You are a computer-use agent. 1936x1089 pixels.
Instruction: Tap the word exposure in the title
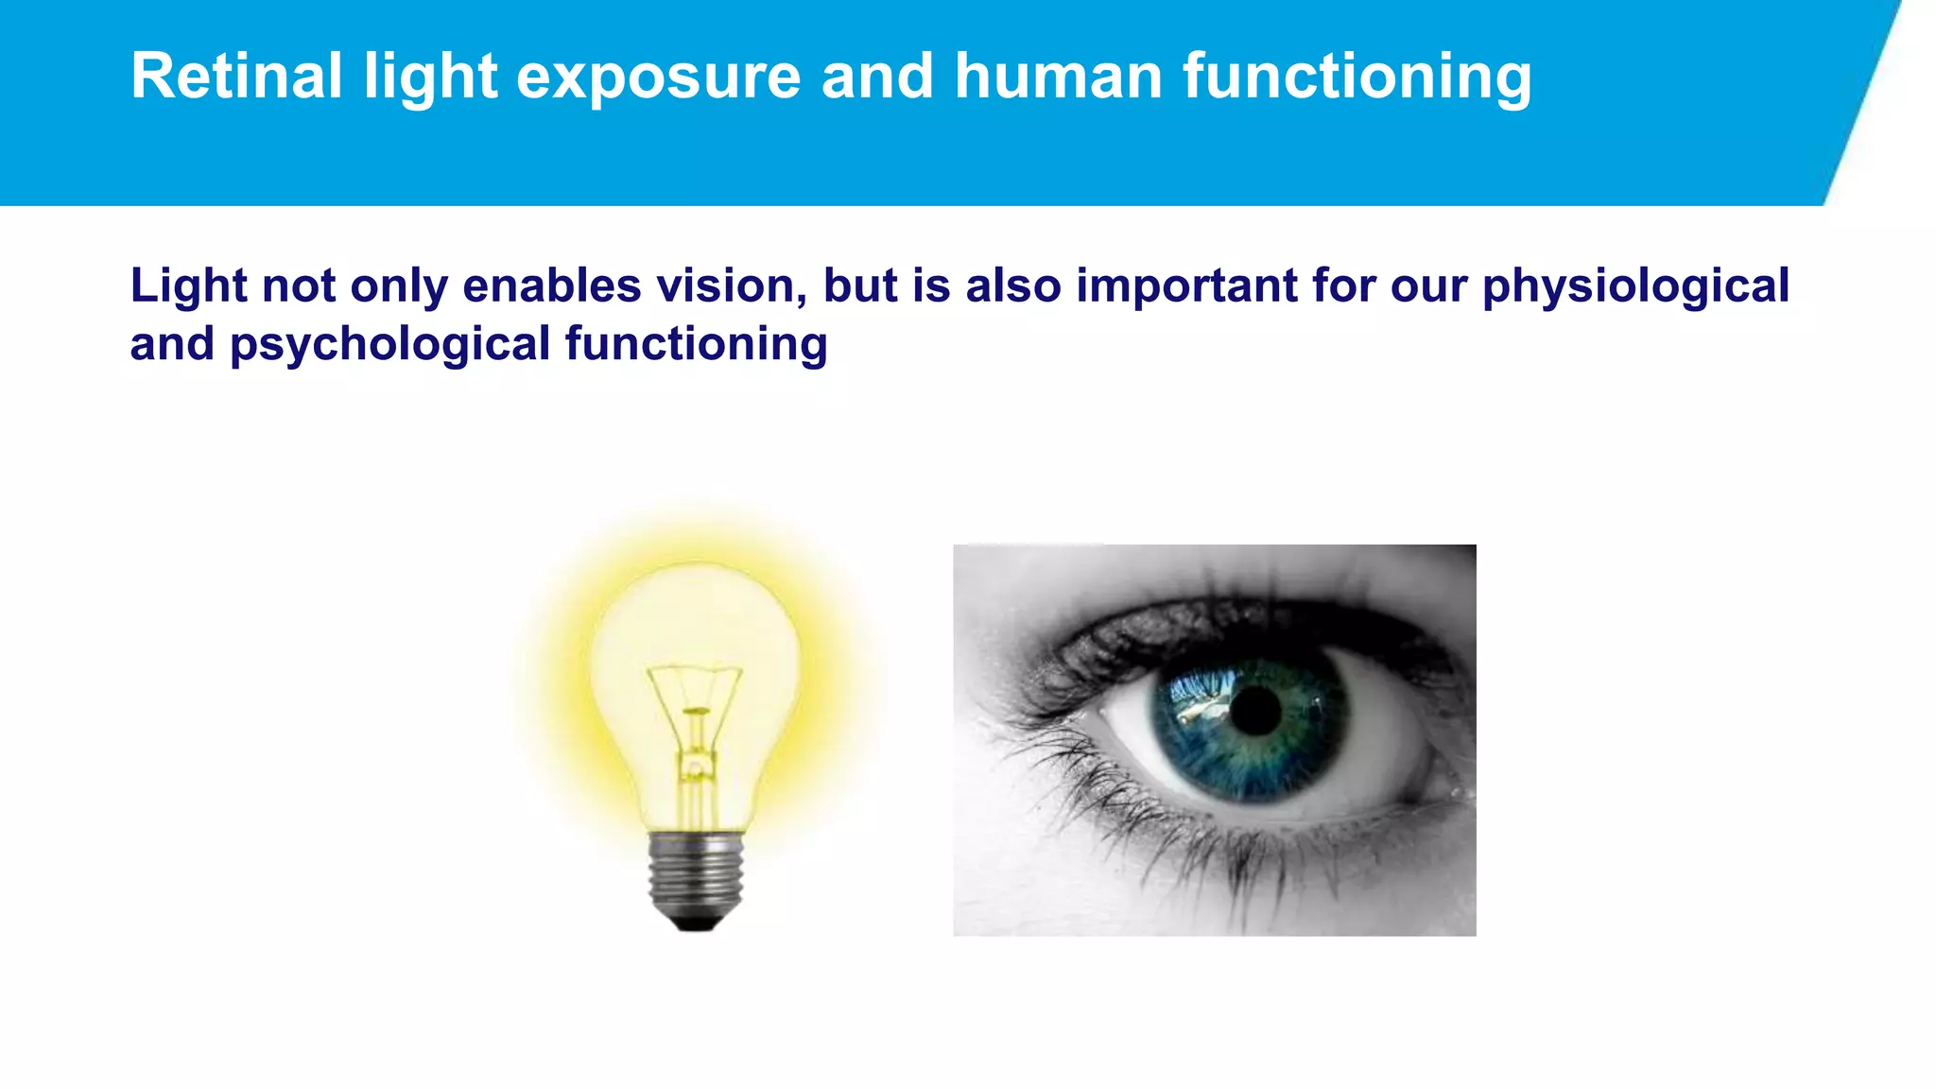(x=659, y=78)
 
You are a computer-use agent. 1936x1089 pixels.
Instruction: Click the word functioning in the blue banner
(x=1357, y=78)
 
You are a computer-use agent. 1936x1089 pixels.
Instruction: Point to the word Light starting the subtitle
(x=188, y=285)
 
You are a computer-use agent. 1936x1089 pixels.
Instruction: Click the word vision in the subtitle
(x=742, y=285)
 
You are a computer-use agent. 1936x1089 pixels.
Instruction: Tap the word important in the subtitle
(x=1186, y=287)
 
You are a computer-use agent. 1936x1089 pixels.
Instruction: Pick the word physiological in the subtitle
(x=1635, y=287)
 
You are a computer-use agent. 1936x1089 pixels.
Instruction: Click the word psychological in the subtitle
(x=390, y=345)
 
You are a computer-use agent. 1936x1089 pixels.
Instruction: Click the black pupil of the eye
(x=1256, y=711)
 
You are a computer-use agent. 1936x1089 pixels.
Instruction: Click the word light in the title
(x=430, y=78)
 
